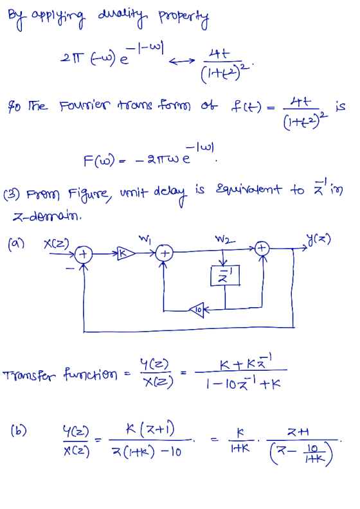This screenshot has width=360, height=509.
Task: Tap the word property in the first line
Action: [x=183, y=19]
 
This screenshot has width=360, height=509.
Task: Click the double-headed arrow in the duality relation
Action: [x=182, y=60]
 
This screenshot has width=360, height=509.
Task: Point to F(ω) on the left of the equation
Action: [x=99, y=160]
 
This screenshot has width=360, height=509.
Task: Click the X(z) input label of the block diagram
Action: [x=57, y=243]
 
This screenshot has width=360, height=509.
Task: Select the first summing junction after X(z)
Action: [x=84, y=254]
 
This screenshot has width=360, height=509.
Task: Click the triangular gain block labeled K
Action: [x=125, y=253]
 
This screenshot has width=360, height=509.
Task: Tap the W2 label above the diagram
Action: [x=224, y=240]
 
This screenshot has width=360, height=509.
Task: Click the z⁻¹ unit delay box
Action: [x=225, y=276]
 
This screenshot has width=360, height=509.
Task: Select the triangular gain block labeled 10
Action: [x=197, y=310]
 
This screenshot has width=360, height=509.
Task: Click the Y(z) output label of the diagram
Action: [x=318, y=240]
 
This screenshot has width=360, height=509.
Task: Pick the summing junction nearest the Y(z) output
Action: [x=262, y=249]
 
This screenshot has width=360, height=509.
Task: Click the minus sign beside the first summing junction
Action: [x=69, y=268]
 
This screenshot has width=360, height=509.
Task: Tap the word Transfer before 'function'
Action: [x=29, y=375]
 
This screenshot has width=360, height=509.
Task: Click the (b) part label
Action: [x=19, y=431]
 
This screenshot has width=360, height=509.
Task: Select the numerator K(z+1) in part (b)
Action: [x=150, y=429]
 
